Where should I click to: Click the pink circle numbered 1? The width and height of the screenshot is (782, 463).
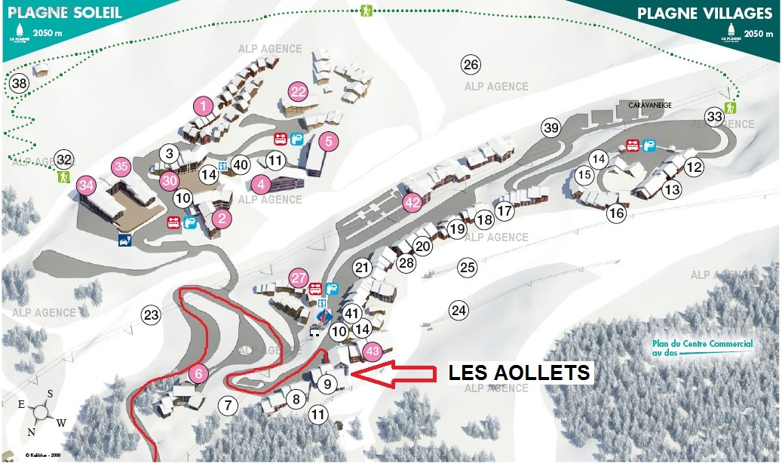[x=203, y=106]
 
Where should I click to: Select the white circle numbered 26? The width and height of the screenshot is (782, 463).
[x=471, y=65]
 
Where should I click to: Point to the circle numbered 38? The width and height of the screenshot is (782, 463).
[x=20, y=84]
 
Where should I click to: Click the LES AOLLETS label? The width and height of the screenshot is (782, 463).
[x=520, y=373]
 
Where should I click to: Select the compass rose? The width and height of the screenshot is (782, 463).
[x=43, y=412]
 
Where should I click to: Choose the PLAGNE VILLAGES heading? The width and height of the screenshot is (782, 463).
[x=704, y=14]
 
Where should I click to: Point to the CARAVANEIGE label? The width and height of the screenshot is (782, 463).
[x=650, y=106]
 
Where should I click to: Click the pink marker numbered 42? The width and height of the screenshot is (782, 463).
[x=412, y=202]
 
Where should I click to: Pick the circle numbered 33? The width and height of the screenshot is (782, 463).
[x=714, y=116]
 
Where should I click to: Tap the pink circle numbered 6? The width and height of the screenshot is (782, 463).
[x=198, y=373]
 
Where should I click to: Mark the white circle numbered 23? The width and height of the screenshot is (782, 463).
[x=152, y=314]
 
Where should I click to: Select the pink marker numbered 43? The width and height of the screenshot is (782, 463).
[x=372, y=351]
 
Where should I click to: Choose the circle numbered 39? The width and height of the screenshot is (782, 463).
[x=551, y=128]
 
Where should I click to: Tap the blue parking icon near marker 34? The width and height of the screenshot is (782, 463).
[x=123, y=241]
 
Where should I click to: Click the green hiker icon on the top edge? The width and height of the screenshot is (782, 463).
[x=366, y=11]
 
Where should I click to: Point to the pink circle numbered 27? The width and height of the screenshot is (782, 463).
[x=299, y=277]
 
